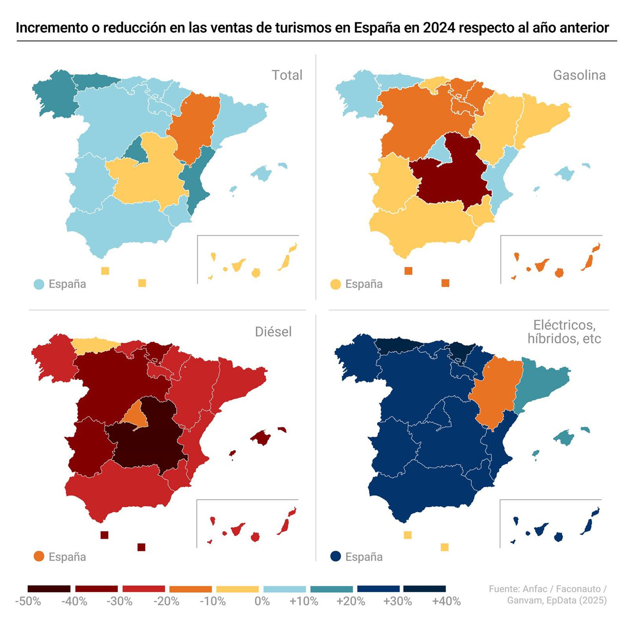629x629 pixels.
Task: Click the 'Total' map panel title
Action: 287,75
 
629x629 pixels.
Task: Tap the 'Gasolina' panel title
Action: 579,75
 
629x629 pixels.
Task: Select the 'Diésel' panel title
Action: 273,332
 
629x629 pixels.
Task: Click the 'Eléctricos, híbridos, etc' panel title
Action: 564,332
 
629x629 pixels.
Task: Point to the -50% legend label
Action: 28,601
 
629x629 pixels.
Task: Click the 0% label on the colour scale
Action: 262,601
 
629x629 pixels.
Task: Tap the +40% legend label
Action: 446,601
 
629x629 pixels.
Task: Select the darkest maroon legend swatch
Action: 49,589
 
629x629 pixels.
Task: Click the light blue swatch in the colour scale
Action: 284,589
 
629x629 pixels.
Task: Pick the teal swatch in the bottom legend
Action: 332,589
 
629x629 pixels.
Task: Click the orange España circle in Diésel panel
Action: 39,557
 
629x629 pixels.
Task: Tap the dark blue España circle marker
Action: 336,557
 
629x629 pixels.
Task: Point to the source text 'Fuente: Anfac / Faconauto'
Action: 547,589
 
